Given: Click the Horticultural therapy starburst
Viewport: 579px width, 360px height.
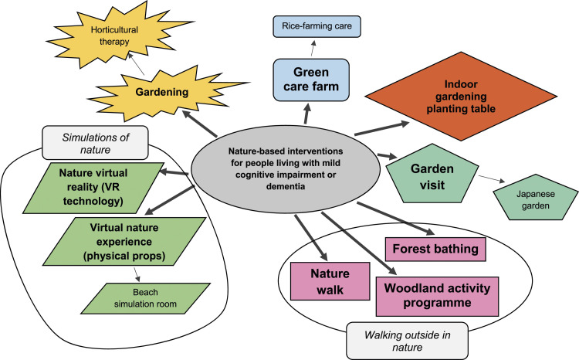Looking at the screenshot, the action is pos(114,36).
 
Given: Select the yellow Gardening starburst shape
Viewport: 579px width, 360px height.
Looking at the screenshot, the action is pos(162,93).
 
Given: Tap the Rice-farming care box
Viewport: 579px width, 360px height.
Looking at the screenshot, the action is pos(317,26).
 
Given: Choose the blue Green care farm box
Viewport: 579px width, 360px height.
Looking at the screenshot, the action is pos(311,80).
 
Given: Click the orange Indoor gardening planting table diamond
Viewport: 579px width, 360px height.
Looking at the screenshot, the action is pos(461,97).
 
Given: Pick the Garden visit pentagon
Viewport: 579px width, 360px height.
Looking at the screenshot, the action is pos(432,176).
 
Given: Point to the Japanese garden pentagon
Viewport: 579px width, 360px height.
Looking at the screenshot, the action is pos(536,199).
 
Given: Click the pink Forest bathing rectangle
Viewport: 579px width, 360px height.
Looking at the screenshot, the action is pos(435,249).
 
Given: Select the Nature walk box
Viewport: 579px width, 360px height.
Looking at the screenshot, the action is pos(330,281).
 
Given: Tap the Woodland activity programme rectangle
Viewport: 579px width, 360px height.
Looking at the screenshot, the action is pos(437,296).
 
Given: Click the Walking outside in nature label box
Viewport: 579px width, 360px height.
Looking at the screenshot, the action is pos(408,341).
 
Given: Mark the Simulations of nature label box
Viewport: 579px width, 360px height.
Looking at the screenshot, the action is pos(95,143).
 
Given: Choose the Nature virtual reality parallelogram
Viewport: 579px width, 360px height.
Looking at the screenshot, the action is pos(93,188).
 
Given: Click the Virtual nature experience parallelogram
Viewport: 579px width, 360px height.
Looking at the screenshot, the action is pos(124,241).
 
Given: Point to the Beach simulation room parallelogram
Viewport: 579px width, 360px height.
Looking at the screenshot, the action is pos(145,298).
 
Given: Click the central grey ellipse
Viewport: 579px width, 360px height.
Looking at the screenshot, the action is pos(286,168).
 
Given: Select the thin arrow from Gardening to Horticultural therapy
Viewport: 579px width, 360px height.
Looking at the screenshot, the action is pos(136,63).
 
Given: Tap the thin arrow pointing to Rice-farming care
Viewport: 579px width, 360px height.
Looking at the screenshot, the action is pos(313,49).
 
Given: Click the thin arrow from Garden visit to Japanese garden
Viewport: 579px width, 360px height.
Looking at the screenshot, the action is pos(492,178).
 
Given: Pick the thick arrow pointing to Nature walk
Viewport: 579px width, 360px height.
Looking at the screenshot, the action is pos(311,237).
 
